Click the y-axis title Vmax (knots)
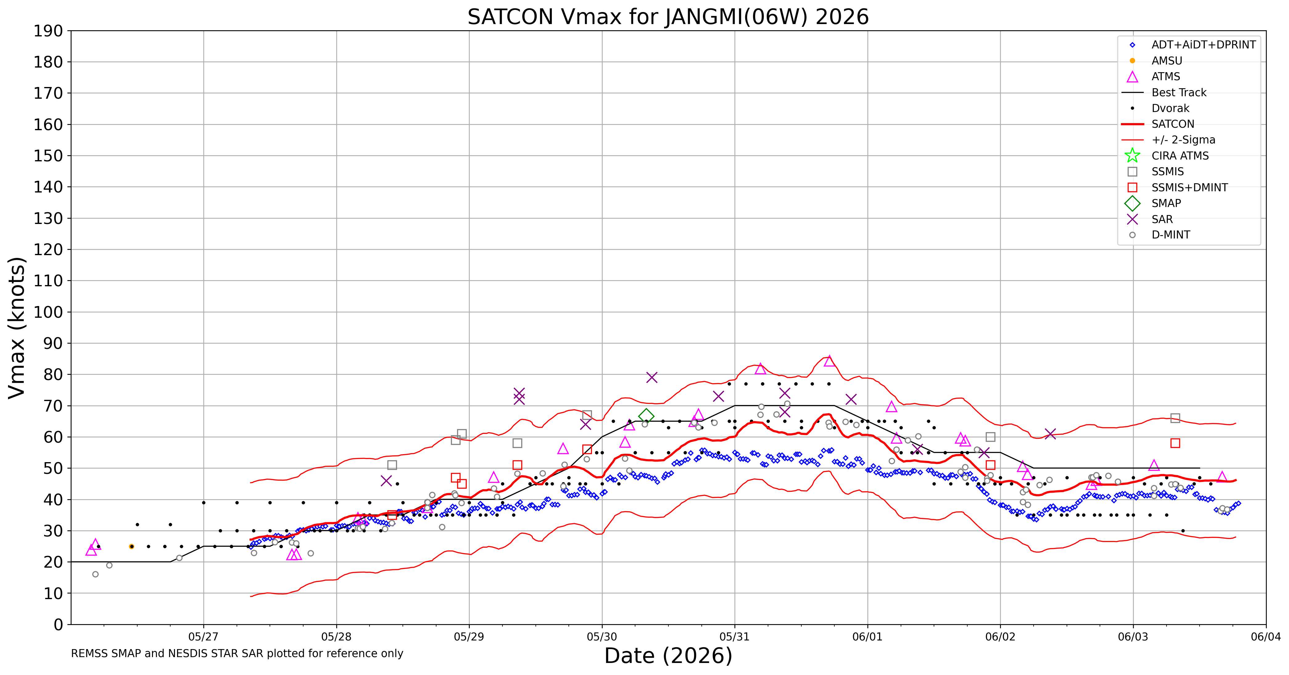point(17,328)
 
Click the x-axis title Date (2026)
point(668,656)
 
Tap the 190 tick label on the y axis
point(48,31)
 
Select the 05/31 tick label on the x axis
point(735,637)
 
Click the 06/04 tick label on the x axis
point(1266,637)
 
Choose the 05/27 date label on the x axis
point(204,637)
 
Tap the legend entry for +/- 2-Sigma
point(1168,140)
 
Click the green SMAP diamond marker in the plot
point(646,416)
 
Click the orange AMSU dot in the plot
point(132,546)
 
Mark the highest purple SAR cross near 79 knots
point(651,377)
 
